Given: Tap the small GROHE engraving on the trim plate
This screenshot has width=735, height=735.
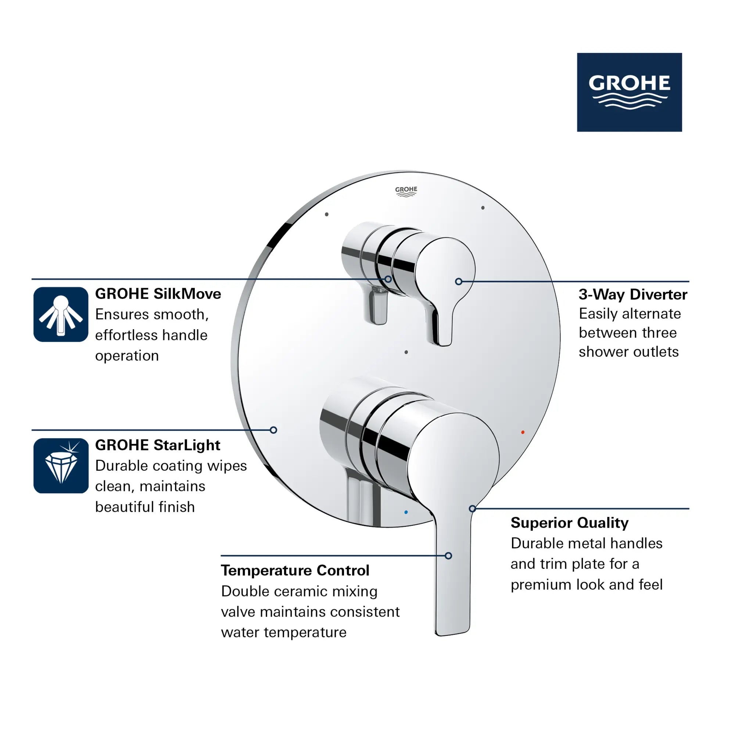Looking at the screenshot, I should pos(406,191).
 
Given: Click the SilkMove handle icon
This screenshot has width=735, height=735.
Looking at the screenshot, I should pos(61,314).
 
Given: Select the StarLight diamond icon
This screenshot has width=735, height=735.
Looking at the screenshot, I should pos(61,466).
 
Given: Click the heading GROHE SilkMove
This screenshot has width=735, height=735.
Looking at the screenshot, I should pos(158,294).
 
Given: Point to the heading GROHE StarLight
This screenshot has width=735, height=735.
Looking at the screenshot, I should pos(158,445).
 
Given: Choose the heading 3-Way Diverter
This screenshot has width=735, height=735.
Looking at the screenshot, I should pos(633,294).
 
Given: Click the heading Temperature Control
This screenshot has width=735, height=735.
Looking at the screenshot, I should pos(295,570).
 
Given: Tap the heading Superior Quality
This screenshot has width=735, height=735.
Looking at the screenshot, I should pos(569,523).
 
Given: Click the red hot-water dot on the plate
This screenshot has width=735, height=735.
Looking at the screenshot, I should pos(523,432).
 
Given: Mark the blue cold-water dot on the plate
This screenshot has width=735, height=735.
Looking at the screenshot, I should pos(406,512).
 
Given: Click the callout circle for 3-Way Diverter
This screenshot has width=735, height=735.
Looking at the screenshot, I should pos(458,282).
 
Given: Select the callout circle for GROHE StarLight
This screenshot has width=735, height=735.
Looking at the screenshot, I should pos(273,430).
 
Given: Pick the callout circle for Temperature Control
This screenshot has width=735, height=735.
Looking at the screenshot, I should pos(448,556).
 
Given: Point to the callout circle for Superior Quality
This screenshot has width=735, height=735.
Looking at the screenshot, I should pos(472,509).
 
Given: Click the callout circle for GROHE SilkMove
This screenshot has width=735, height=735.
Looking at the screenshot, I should pos(388,279).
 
